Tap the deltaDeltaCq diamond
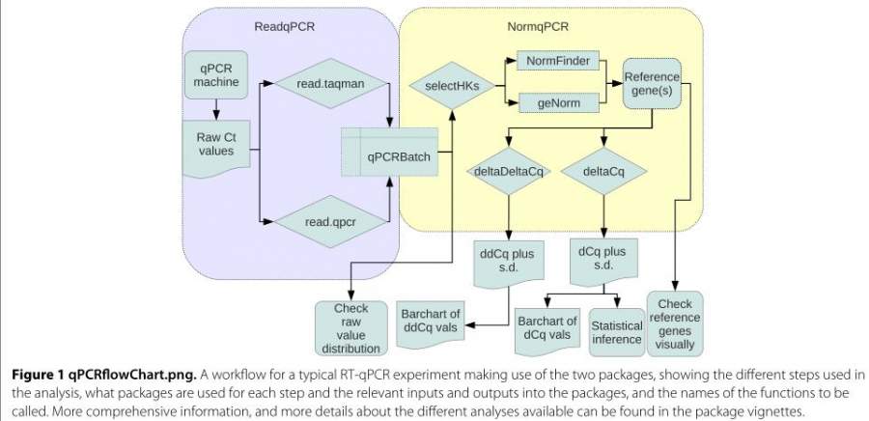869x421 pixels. (x=510, y=171)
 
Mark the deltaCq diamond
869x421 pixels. (x=602, y=171)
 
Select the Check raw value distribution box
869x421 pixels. (x=350, y=322)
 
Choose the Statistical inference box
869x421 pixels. (x=616, y=331)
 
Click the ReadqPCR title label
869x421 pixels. (x=292, y=26)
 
